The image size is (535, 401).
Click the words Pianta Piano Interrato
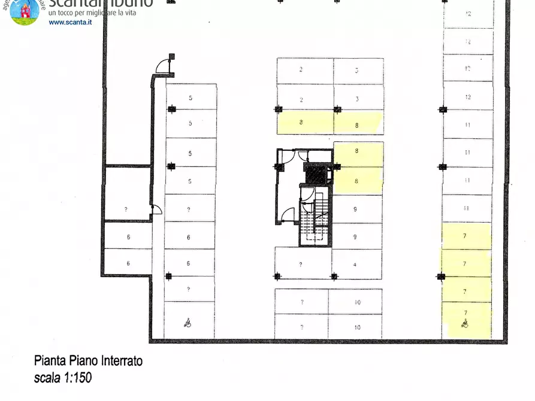coord(88,361)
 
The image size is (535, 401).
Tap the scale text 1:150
coord(63,378)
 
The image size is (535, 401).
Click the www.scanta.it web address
coord(70,22)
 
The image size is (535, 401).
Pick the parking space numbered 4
coord(356,264)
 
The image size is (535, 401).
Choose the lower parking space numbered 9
coord(356,236)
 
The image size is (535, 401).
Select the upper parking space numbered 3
coord(358,71)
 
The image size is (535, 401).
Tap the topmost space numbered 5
coord(191,97)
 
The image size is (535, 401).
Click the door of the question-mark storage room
coord(156,209)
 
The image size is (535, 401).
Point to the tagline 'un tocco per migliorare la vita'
coord(99,11)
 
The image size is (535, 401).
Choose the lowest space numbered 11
coord(467,208)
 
